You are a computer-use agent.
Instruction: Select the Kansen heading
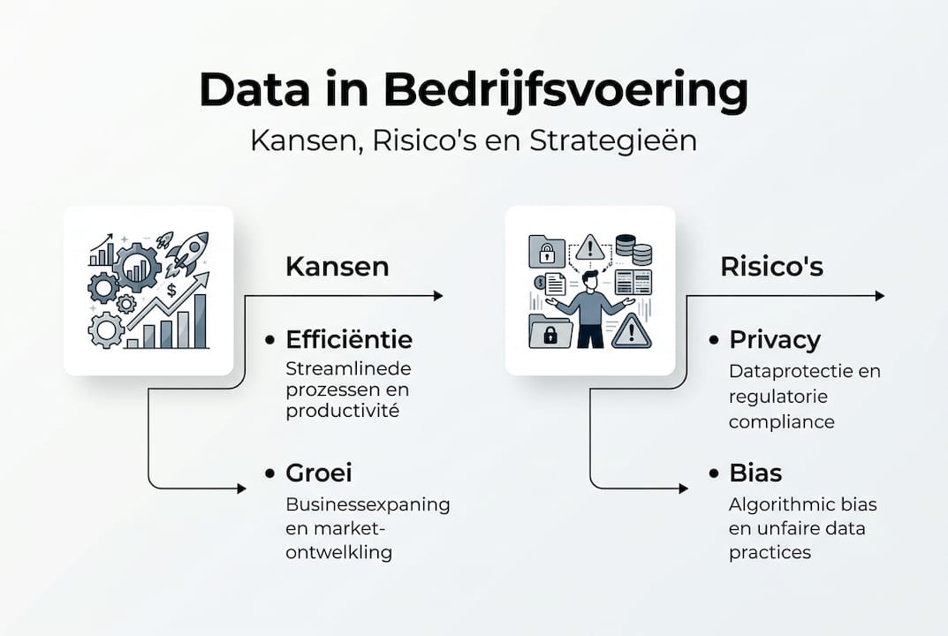coord(337,267)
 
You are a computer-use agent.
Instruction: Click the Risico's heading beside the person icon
coord(771,267)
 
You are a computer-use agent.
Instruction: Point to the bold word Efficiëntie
coord(349,340)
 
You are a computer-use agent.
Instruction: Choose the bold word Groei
coord(319,473)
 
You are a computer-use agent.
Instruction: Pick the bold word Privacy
coord(775,340)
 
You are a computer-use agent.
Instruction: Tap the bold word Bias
coord(755,473)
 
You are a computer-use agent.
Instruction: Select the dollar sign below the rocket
coord(171,289)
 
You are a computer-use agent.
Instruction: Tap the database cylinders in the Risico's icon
coord(633,251)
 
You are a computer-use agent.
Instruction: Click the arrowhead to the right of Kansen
coord(438,296)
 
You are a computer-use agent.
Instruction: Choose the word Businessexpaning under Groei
coord(368,505)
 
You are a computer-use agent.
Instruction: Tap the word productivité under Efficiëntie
coord(342,411)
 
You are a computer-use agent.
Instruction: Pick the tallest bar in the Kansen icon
coord(200,320)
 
